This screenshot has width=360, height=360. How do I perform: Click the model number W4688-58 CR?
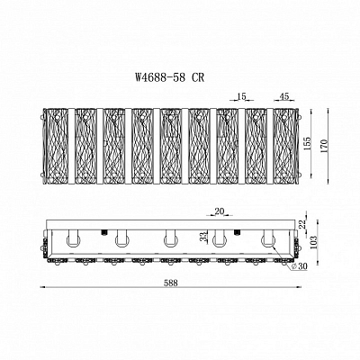tap(170, 77)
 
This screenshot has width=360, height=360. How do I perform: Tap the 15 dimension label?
tap(241, 96)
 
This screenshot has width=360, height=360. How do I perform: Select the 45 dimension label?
tap(283, 96)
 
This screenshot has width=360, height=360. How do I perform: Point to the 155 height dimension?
tap(307, 145)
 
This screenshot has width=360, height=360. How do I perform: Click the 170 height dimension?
tap(326, 145)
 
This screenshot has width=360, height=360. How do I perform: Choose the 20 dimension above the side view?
tap(220, 211)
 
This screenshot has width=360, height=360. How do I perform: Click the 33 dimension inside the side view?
tap(204, 237)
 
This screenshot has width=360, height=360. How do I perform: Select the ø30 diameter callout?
tap(299, 266)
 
